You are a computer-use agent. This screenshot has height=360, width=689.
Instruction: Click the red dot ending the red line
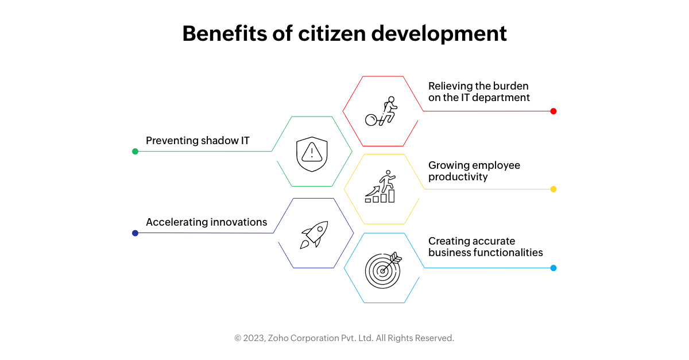pyautogui.click(x=553, y=111)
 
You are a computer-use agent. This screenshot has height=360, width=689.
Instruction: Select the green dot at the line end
pyautogui.click(x=135, y=152)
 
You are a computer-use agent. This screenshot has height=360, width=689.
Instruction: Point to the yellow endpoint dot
pyautogui.click(x=553, y=189)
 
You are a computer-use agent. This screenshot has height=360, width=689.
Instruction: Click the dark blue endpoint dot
pyautogui.click(x=135, y=233)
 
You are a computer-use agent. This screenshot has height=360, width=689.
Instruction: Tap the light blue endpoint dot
pyautogui.click(x=553, y=268)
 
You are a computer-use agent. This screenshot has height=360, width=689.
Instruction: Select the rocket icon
pyautogui.click(x=313, y=234)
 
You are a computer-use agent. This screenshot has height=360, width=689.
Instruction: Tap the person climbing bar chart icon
pyautogui.click(x=381, y=187)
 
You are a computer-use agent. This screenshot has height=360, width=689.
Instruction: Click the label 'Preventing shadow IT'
pyautogui.click(x=198, y=141)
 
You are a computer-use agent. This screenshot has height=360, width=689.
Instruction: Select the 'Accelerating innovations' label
pyautogui.click(x=206, y=222)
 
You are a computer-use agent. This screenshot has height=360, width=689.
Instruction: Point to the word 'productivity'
pyautogui.click(x=458, y=177)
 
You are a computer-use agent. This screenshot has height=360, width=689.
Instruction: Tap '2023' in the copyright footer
pyautogui.click(x=254, y=338)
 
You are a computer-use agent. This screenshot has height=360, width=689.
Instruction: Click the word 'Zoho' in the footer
pyautogui.click(x=280, y=338)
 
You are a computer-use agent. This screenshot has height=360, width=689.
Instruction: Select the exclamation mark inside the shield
pyautogui.click(x=312, y=152)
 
